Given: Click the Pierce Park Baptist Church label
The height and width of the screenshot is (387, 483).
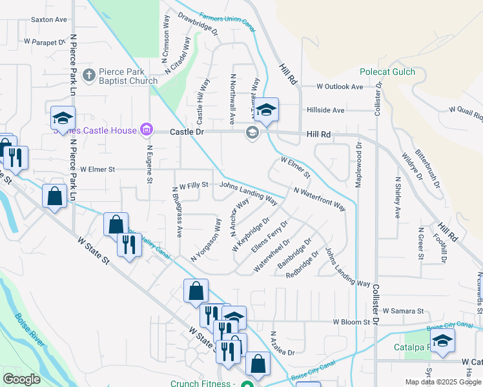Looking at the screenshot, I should (x=128, y=77).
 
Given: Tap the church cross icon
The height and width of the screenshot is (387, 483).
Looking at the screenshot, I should (x=89, y=75).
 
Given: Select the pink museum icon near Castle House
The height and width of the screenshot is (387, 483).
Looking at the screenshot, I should (x=147, y=130).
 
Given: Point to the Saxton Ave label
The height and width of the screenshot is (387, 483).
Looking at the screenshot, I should (x=49, y=20).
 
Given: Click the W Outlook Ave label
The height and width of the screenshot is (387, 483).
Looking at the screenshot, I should (x=340, y=86).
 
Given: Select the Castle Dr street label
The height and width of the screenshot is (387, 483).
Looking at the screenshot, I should (x=187, y=132).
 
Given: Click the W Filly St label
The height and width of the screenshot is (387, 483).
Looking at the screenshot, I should (x=193, y=185).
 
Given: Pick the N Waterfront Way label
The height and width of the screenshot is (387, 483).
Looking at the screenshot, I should (x=319, y=199).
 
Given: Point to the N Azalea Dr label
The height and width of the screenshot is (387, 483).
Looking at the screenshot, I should (x=283, y=353).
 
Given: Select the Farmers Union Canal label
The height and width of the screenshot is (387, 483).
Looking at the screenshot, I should (x=227, y=20).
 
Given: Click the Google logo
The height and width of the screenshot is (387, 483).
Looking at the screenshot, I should (x=21, y=379).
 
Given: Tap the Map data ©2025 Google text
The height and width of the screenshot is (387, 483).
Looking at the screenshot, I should (x=442, y=382).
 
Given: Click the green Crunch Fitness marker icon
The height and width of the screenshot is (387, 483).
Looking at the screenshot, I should (x=246, y=384).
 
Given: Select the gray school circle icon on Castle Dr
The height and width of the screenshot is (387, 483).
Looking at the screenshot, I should (x=251, y=133).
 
